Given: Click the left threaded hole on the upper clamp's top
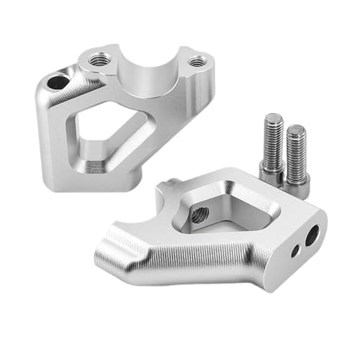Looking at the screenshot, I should (100, 58).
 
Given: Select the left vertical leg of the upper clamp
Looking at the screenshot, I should (50, 137).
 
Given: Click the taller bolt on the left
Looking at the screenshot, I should (273, 148).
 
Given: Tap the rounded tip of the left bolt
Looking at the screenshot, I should (272, 117).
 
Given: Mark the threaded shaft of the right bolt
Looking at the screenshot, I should (296, 151).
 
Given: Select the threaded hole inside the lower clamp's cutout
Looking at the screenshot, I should (202, 214).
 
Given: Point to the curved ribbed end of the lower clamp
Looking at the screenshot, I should (115, 245).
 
